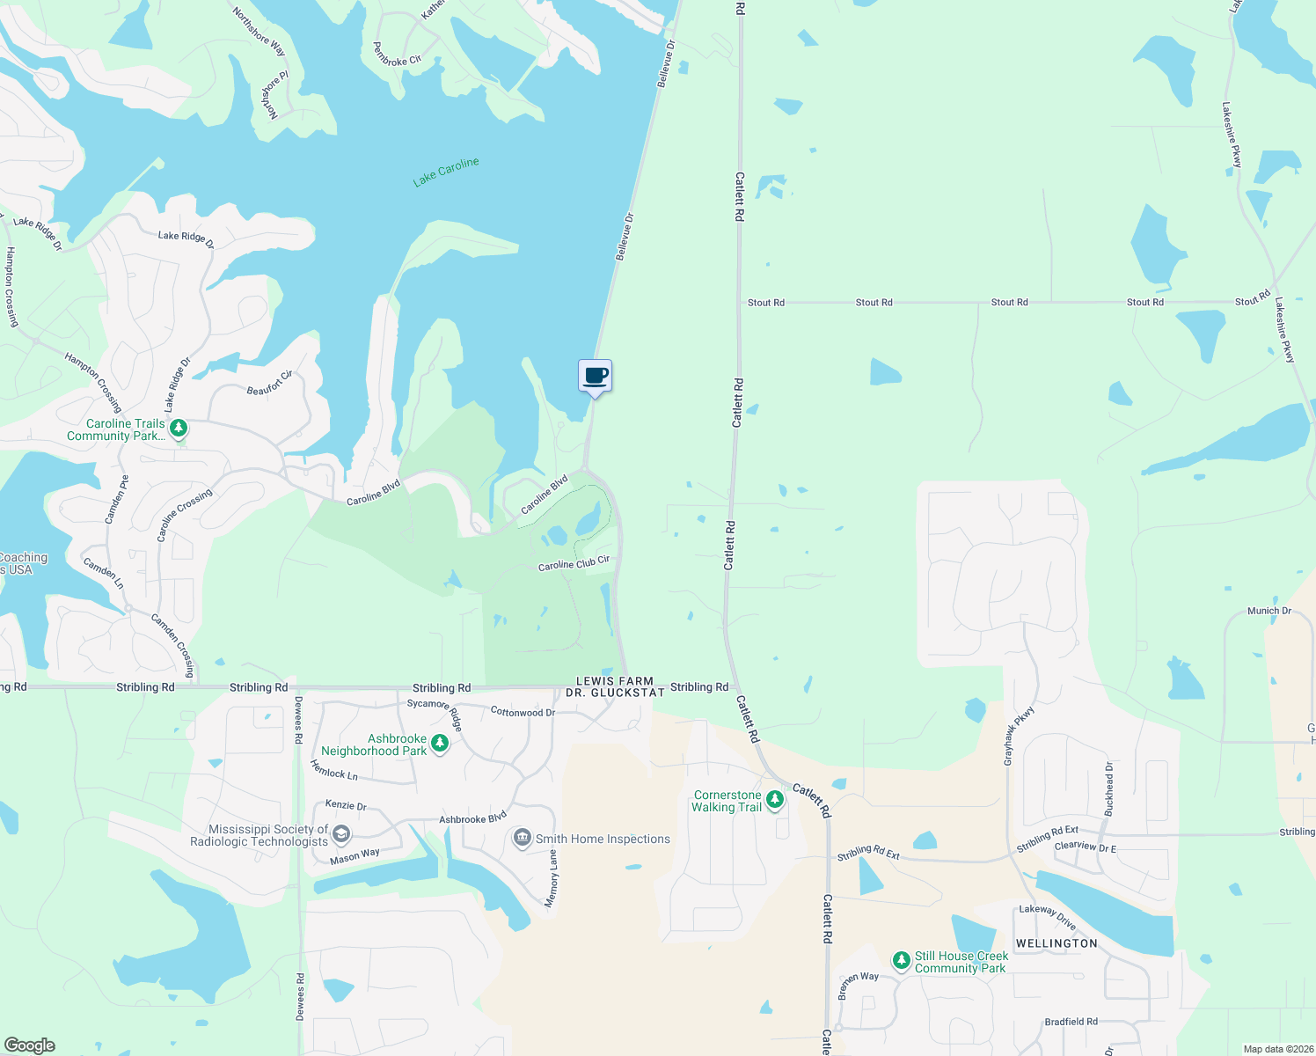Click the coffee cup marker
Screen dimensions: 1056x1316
click(x=595, y=376)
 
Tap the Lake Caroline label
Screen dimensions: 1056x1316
click(x=446, y=172)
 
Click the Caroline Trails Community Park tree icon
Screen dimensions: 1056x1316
click(x=179, y=429)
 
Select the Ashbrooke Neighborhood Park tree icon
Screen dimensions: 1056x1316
click(x=439, y=744)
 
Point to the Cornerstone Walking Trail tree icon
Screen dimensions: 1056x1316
click(x=775, y=800)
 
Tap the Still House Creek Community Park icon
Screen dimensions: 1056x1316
click(x=901, y=960)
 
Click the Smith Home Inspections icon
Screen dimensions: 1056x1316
click(x=523, y=837)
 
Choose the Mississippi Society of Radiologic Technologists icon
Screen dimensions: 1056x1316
click(x=341, y=834)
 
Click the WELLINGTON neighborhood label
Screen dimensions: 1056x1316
click(x=1056, y=943)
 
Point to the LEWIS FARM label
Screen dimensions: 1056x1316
click(x=615, y=681)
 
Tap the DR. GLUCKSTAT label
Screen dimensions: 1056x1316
click(x=615, y=693)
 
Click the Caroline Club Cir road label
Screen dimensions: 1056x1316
click(x=574, y=563)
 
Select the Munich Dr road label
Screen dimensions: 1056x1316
click(x=1268, y=611)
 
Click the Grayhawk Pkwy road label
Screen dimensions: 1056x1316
click(x=1019, y=735)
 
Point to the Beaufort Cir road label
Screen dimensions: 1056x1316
click(x=269, y=383)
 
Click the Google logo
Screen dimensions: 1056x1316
click(x=29, y=1045)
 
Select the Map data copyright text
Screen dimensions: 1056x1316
click(x=1276, y=1049)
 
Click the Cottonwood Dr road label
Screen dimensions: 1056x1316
click(x=523, y=711)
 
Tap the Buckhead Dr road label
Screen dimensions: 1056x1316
click(x=1109, y=788)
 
